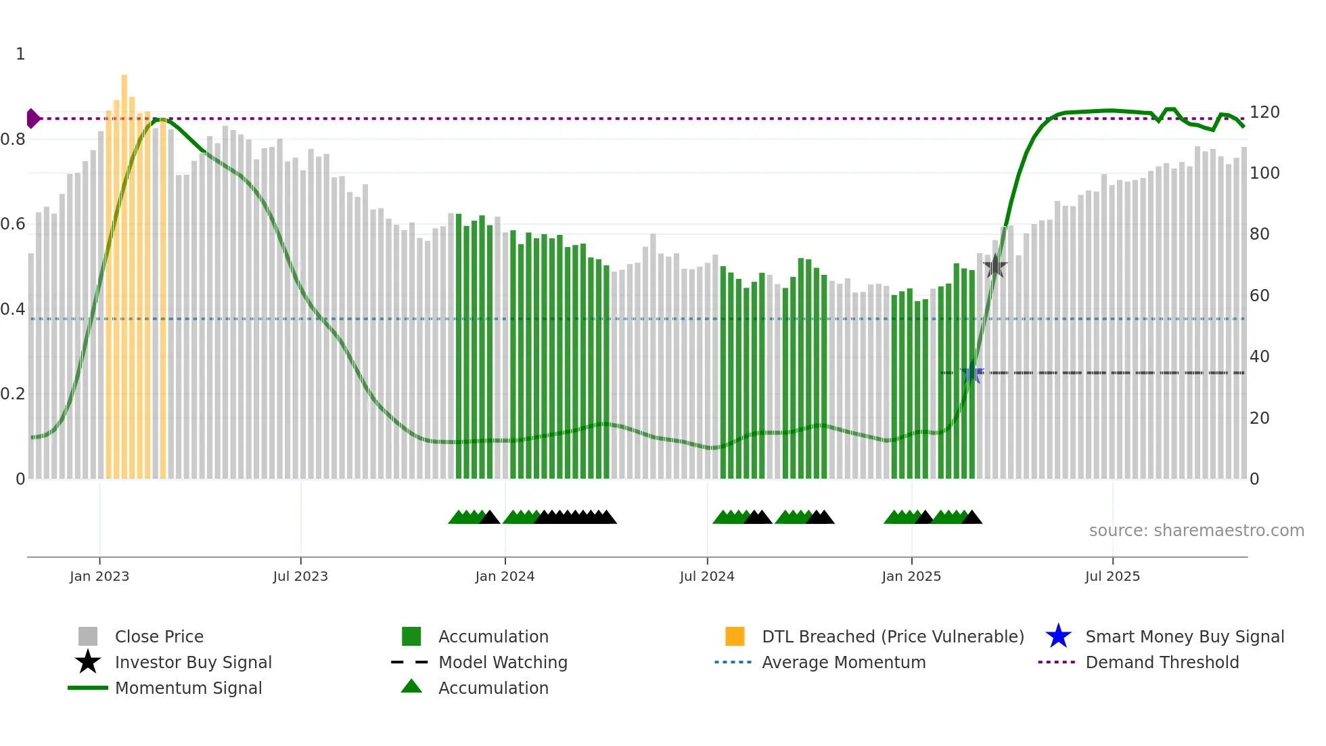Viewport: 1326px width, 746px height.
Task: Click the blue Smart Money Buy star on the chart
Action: tap(972, 373)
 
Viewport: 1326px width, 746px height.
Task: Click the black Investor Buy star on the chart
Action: tap(995, 266)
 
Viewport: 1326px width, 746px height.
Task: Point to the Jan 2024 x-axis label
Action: tap(505, 576)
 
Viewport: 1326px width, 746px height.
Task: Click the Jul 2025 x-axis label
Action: tap(1112, 576)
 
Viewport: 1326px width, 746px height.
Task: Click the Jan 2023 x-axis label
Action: tap(99, 576)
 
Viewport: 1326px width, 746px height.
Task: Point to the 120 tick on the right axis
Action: tap(1264, 112)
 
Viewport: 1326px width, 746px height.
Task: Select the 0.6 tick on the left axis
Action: tap(13, 224)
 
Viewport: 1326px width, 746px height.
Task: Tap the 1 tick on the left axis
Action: tap(20, 54)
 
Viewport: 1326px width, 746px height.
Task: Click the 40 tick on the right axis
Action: tap(1259, 357)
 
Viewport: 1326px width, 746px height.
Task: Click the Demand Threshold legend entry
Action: tap(1162, 662)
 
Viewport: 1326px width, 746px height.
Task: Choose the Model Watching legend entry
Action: tap(503, 662)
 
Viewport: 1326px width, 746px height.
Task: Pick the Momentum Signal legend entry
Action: tap(188, 688)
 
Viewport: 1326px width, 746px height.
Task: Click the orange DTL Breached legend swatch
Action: tap(735, 636)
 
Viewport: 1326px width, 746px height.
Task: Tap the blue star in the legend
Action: tap(1058, 636)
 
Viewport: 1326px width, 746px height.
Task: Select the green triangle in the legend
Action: tap(411, 686)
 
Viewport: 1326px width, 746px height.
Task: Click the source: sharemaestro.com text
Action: tap(1196, 531)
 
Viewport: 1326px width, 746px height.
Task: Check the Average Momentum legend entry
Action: tap(843, 662)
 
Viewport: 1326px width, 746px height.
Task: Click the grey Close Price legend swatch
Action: tap(88, 636)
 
